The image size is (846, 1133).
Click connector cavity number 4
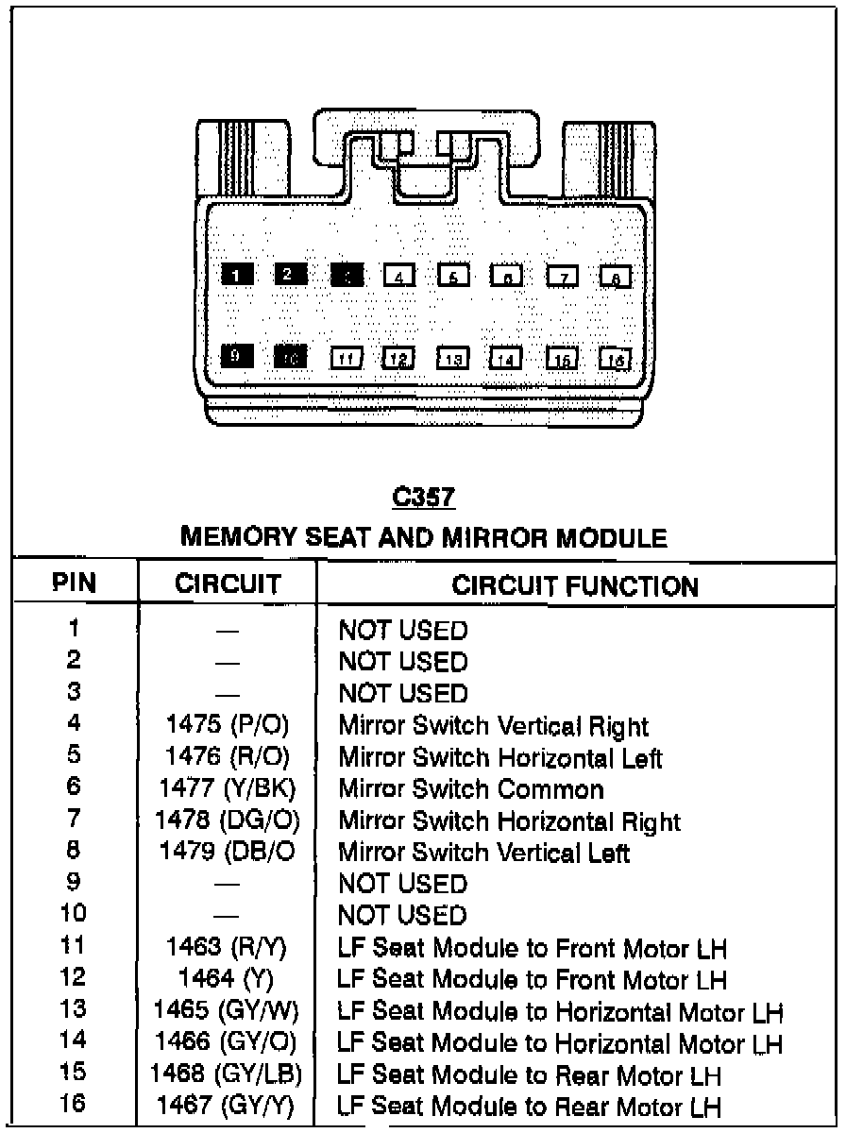coord(399,276)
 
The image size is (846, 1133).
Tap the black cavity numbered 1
coord(235,275)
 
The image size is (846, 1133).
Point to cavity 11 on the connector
coord(346,359)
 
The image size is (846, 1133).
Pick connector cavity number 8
coord(616,277)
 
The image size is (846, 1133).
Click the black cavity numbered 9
coord(235,356)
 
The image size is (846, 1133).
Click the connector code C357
coord(424,498)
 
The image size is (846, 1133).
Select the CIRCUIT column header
coord(228,584)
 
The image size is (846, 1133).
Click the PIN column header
coord(75,583)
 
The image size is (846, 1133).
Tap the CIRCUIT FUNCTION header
coord(575,585)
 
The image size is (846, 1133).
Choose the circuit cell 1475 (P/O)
coord(227,725)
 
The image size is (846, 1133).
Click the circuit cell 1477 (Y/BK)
coord(227,788)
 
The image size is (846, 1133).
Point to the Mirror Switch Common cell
coord(470,788)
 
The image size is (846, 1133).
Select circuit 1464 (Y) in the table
coord(227,979)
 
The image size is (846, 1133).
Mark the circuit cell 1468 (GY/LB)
coord(227,1074)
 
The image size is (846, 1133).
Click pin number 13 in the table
coord(73,1009)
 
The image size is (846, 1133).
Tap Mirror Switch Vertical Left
coord(483,853)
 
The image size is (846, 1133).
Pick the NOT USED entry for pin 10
coord(402,916)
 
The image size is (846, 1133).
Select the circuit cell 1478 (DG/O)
coord(227,820)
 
